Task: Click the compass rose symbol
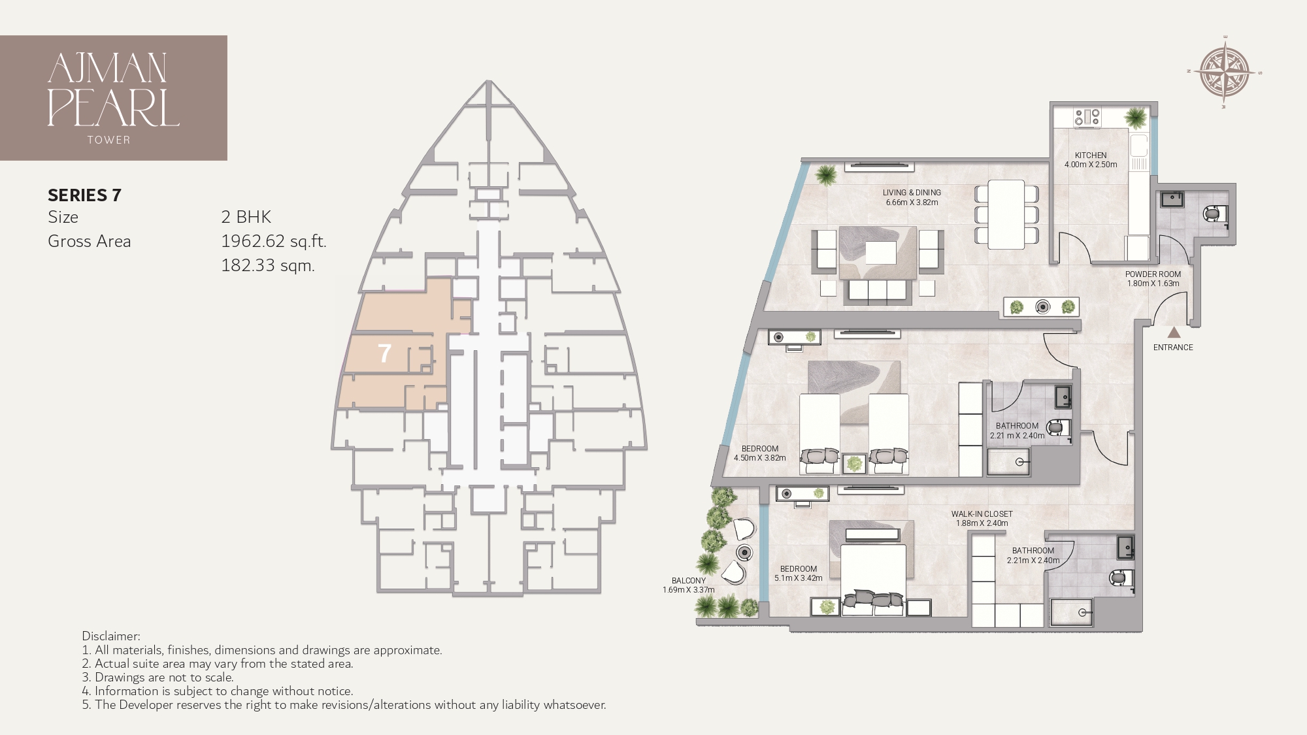pyautogui.click(x=1225, y=73)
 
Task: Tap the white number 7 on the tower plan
pyautogui.click(x=384, y=354)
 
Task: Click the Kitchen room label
pyautogui.click(x=1091, y=155)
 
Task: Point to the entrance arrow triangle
pyautogui.click(x=1174, y=332)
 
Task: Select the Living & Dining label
pyautogui.click(x=912, y=193)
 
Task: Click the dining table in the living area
pyautogui.click(x=1006, y=214)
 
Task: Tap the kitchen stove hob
pyautogui.click(x=1087, y=118)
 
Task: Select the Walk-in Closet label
pyautogui.click(x=982, y=514)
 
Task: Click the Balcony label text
pyautogui.click(x=689, y=580)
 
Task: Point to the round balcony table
pyautogui.click(x=744, y=553)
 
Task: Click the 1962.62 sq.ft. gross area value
pyautogui.click(x=273, y=241)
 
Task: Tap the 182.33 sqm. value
pyautogui.click(x=268, y=265)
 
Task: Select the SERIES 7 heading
pyautogui.click(x=84, y=195)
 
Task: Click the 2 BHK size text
pyautogui.click(x=246, y=217)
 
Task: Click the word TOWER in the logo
pyautogui.click(x=108, y=140)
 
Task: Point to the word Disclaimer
pyautogui.click(x=110, y=636)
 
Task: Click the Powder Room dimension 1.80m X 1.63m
pyautogui.click(x=1153, y=284)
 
